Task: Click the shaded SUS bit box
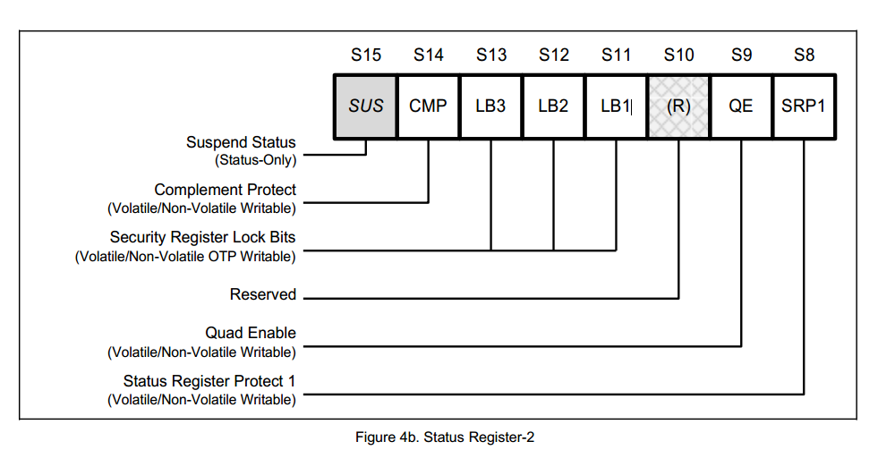(x=365, y=106)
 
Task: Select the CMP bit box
(x=428, y=106)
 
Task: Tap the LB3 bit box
(x=490, y=106)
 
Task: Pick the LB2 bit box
(x=553, y=106)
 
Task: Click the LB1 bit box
(x=616, y=106)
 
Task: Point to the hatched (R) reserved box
(x=678, y=106)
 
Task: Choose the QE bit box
(x=741, y=106)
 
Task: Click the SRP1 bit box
(x=805, y=106)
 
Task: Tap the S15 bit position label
(x=365, y=55)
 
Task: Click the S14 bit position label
(x=428, y=55)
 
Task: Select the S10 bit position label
(x=678, y=55)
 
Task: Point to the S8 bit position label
(x=805, y=55)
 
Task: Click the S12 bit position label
(x=553, y=55)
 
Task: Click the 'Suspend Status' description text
(x=241, y=142)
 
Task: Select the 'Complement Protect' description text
(x=225, y=190)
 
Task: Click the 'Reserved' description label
(x=262, y=294)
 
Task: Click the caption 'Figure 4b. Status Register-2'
(x=444, y=437)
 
